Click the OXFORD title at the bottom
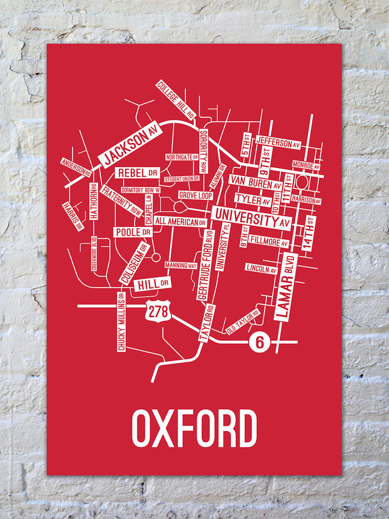194,429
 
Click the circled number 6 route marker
259,342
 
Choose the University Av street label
251,218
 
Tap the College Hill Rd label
176,100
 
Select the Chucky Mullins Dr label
121,321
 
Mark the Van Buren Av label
256,183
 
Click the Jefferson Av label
279,142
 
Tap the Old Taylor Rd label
242,322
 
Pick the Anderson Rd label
76,167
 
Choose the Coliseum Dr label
133,263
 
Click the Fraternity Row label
121,200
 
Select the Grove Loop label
195,195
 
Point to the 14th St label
309,233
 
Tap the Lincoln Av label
261,268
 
